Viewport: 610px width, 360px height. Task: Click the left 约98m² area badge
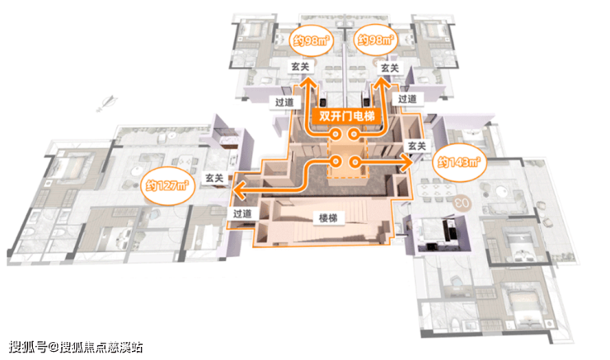coord(307,38)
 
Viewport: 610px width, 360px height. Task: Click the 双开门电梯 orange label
coord(346,118)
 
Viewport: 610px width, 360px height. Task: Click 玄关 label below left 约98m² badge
coord(300,66)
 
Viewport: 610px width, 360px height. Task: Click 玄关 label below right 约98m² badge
coord(390,66)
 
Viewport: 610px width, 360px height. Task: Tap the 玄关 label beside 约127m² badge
coord(214,177)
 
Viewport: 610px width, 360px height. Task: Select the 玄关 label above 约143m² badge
coord(416,146)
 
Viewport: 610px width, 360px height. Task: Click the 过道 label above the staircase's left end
coord(242,213)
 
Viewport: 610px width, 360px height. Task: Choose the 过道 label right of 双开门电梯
coord(406,98)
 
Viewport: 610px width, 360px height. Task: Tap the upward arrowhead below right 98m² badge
coord(383,83)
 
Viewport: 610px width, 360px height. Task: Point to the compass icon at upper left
coord(104,102)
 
